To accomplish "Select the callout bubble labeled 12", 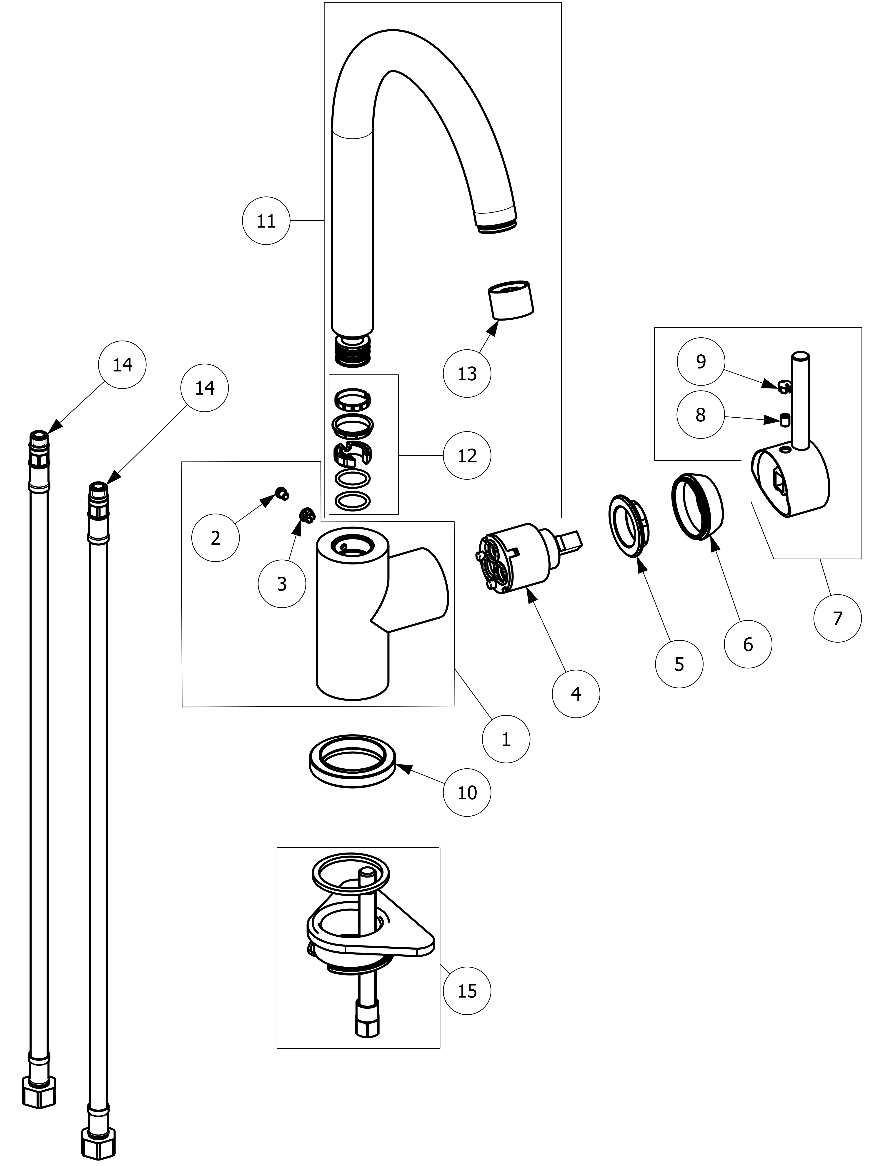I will [467, 455].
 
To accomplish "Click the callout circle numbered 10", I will [467, 792].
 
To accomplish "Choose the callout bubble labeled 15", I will [467, 990].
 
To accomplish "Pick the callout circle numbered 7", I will [837, 618].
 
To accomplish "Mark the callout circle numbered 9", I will [700, 362].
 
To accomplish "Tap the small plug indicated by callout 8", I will [785, 420].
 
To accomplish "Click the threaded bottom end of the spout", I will [353, 351].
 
